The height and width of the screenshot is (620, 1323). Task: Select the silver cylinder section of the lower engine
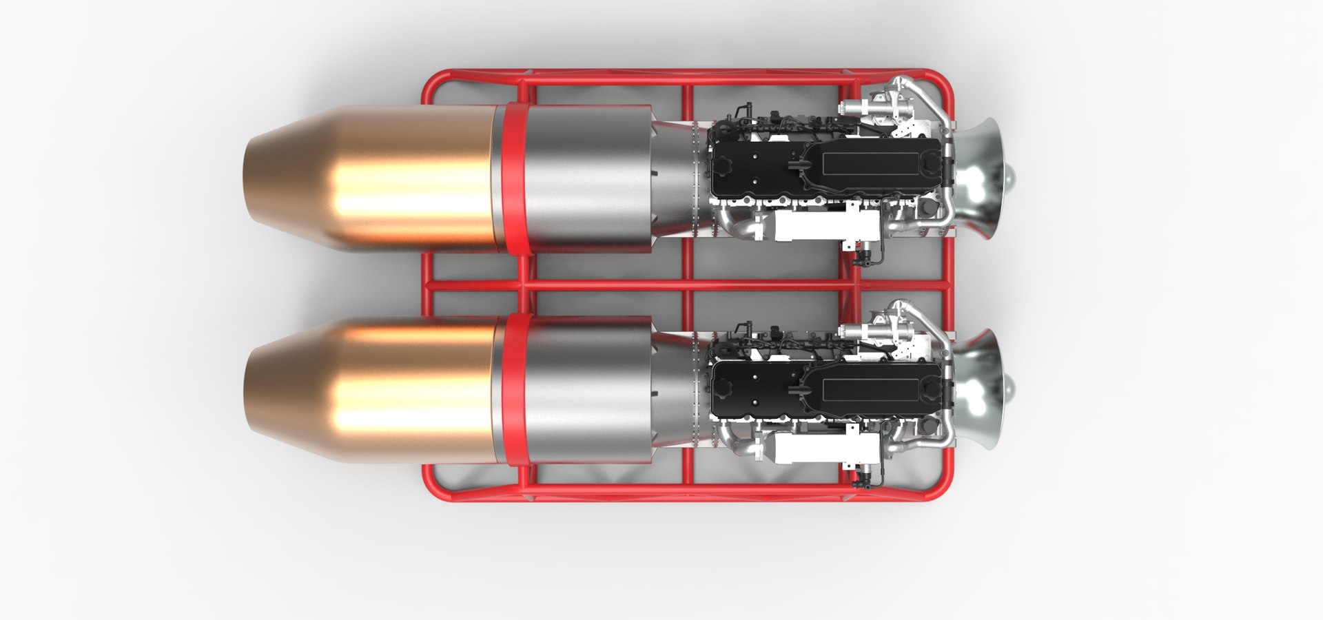(586, 389)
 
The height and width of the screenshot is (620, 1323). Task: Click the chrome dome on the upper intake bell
(1010, 180)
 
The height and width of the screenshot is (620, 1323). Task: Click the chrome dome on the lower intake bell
(1010, 392)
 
